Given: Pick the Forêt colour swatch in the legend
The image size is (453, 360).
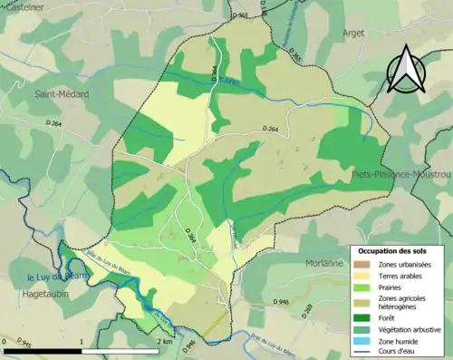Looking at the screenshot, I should tap(361, 316).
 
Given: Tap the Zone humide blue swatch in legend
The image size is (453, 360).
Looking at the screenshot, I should tap(361, 341).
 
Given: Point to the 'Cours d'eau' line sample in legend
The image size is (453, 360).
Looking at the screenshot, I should tap(361, 353).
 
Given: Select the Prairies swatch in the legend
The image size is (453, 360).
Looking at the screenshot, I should tap(361, 288).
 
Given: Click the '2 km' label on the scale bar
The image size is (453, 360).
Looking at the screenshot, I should tap(164, 341).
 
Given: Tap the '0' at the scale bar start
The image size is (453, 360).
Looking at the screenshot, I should tap(5, 341).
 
